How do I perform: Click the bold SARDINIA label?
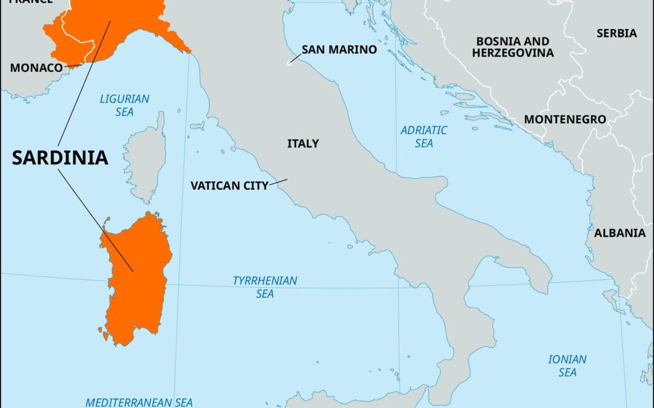click(x=60, y=158)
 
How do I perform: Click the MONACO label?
click(x=36, y=68)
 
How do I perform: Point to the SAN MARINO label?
click(x=339, y=50)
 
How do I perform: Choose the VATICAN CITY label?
click(x=229, y=186)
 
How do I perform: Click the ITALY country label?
click(x=303, y=144)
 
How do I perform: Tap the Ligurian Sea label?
click(x=125, y=105)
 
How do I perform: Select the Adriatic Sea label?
click(x=424, y=137)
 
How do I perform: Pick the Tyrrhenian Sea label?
click(x=265, y=287)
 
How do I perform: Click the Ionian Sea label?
click(x=567, y=366)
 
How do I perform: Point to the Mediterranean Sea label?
click(x=139, y=402)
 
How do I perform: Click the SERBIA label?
click(x=616, y=33)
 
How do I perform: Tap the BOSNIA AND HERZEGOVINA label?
click(x=513, y=47)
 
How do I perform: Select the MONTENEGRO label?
click(x=564, y=120)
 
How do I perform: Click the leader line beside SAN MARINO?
click(x=294, y=58)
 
